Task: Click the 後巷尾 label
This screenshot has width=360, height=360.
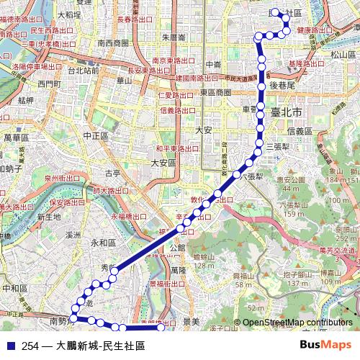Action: [283, 84]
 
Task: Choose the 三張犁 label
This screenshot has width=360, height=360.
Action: [276, 146]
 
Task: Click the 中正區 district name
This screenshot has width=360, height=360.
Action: [95, 135]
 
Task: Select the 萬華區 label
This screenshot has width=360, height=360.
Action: [15, 137]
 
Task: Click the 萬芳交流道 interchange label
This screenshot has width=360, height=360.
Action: [338, 251]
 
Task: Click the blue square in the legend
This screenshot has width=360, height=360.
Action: [9, 346]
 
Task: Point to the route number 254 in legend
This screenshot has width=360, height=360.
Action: [30, 346]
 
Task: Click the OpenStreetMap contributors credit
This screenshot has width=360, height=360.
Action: [297, 322]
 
